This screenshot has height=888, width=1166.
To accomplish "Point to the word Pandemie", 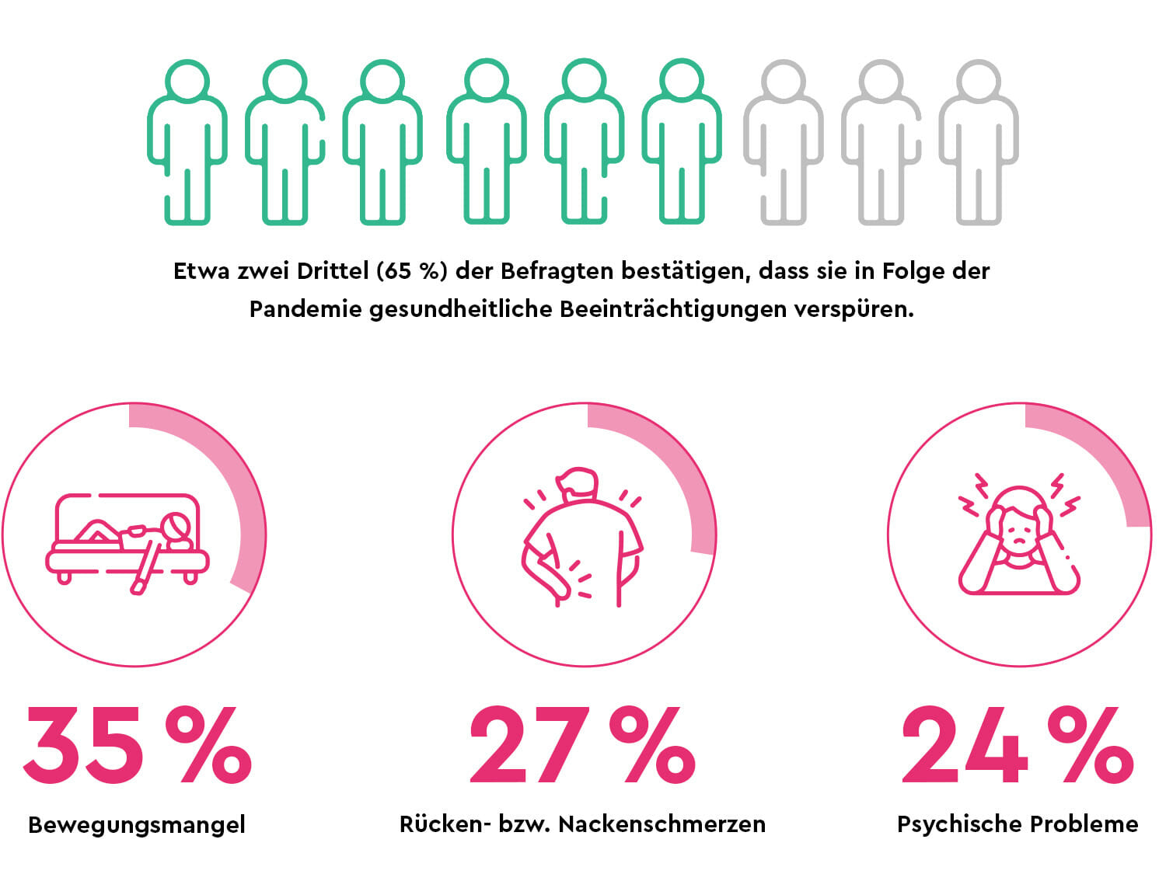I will point(305,309).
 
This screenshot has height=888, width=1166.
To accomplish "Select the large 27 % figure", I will point(582,745).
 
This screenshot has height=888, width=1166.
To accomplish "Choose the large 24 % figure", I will point(1018,745).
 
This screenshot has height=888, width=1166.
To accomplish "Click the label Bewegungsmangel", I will point(137,824).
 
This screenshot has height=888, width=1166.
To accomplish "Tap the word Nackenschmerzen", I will point(662,824).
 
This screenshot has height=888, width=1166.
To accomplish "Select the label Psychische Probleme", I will point(1018,824).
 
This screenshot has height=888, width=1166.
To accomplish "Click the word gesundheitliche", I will point(461,309).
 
